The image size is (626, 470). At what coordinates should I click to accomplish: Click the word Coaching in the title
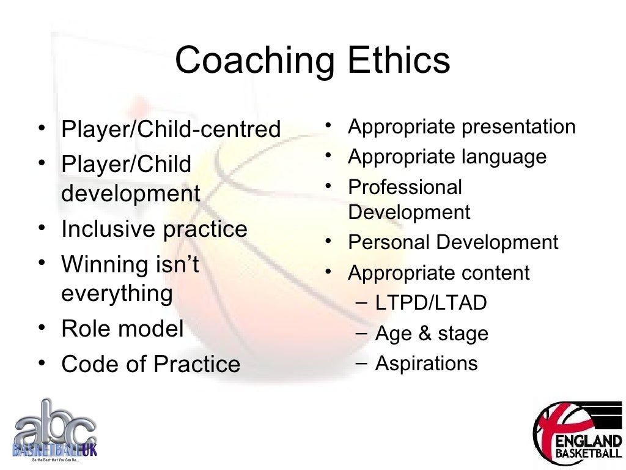pos(254,61)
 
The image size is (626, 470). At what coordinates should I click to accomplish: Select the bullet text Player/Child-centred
pos(171,130)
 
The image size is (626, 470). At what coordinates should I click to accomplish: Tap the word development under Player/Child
pos(131,194)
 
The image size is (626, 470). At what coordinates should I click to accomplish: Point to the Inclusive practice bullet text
pos(154,229)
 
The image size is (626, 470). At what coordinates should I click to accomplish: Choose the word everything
pos(117,294)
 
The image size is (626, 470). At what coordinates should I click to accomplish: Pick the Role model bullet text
pos(122,329)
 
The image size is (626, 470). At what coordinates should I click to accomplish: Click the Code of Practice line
pos(151,365)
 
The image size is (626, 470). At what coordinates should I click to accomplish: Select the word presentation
pos(518,127)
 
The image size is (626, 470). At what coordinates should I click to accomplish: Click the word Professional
pos(405,187)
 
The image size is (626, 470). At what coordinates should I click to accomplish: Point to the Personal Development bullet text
pos(453,242)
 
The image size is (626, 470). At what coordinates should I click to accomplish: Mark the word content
pos(496,273)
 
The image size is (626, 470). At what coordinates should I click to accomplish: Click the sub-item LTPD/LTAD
pos(431,303)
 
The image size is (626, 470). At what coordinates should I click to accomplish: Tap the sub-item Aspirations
pos(426,364)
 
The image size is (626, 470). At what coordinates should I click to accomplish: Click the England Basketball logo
pos(577,433)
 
